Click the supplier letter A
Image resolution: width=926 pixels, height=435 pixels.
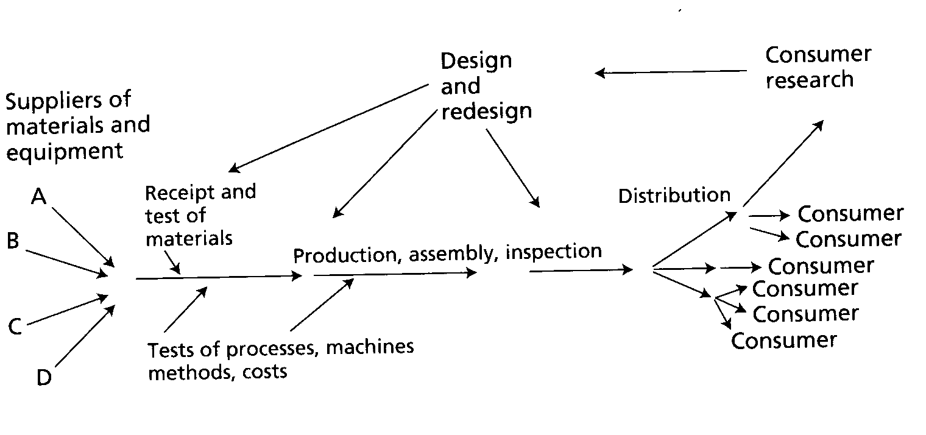tap(39, 196)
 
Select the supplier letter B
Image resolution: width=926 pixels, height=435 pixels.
tap(13, 242)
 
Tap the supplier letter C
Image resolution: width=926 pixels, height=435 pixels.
tap(15, 327)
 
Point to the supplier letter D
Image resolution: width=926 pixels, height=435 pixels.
tap(44, 378)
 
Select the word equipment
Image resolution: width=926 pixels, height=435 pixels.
tap(65, 150)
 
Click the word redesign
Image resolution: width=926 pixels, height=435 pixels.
tap(486, 111)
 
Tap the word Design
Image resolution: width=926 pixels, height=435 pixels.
tap(476, 60)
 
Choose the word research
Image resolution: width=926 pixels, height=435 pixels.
tap(809, 80)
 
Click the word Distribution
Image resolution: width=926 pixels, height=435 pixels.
tap(674, 196)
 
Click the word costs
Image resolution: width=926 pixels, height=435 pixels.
tap(264, 372)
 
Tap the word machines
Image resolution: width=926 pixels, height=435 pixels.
tap(370, 347)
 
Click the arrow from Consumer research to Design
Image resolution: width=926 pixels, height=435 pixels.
tap(670, 72)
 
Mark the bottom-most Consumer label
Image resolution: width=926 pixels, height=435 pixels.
tap(783, 340)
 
